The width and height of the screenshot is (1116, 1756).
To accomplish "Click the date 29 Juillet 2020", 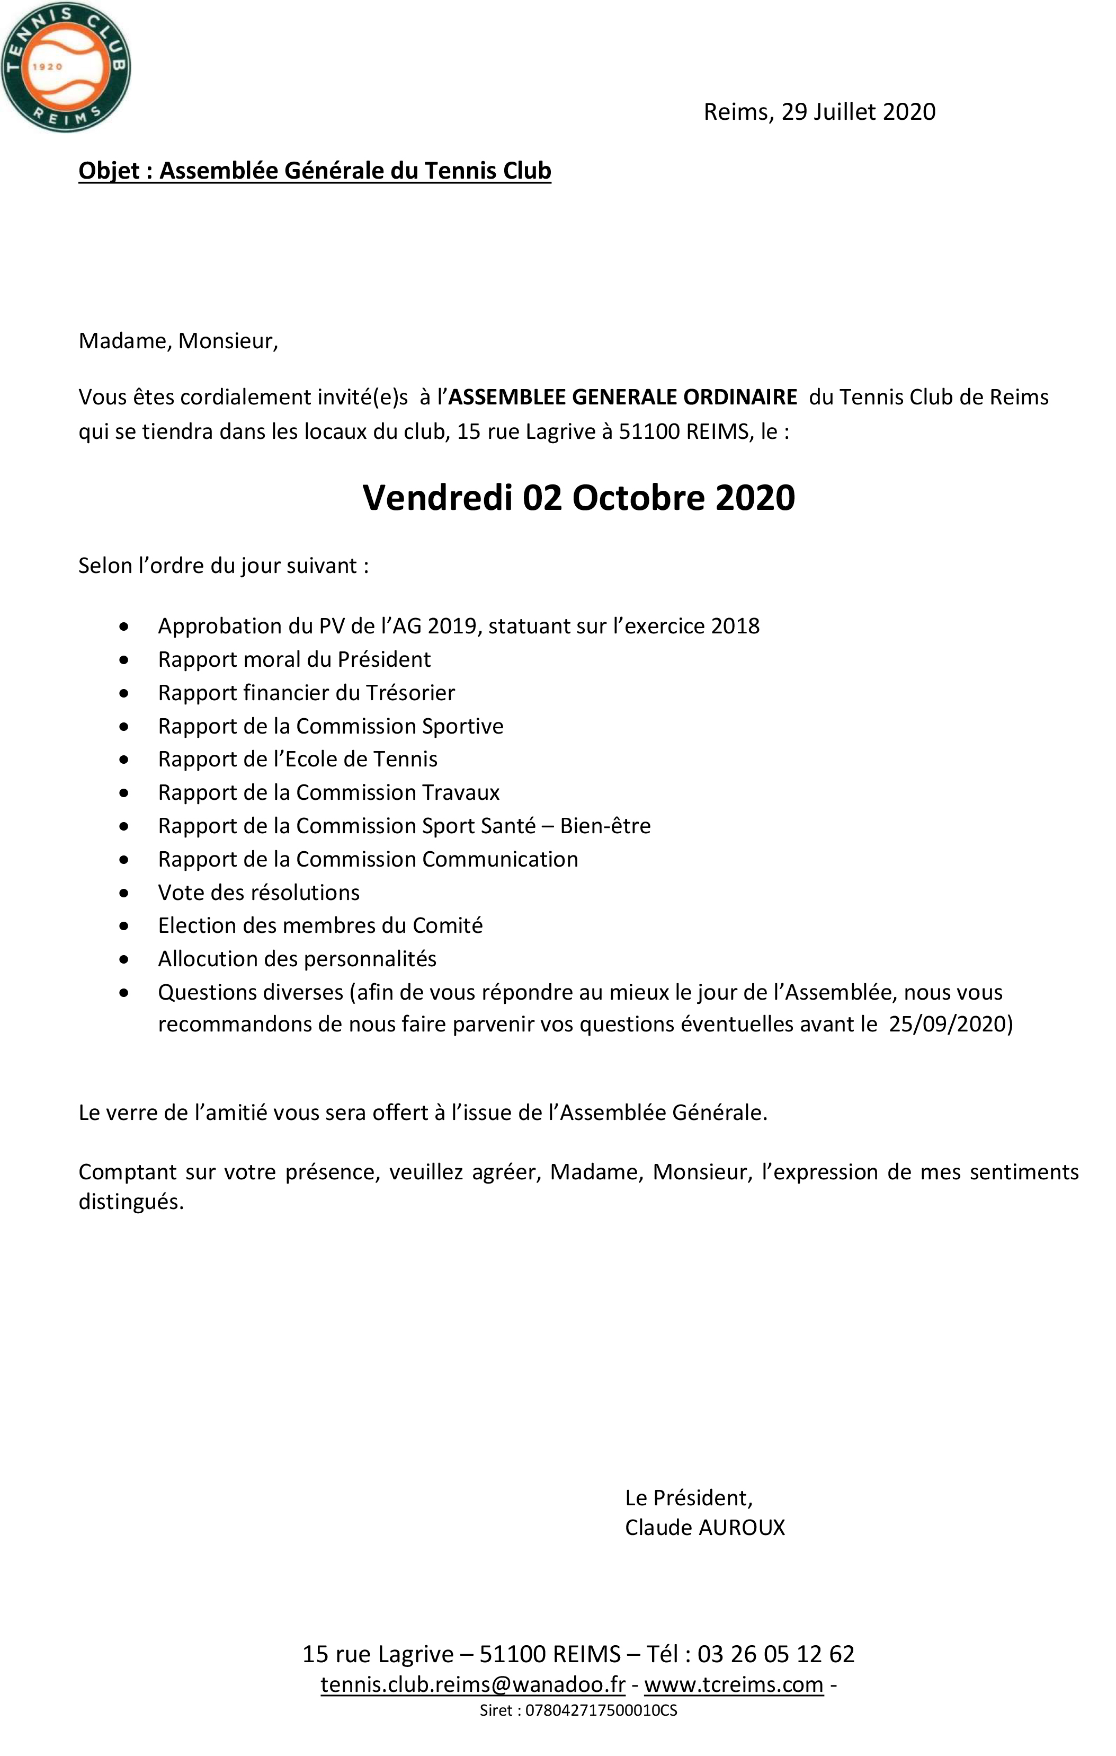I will click(x=858, y=112).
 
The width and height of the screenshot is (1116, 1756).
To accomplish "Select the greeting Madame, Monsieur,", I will click(x=178, y=341).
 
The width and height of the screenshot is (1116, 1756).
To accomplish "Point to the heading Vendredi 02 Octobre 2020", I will click(x=579, y=498).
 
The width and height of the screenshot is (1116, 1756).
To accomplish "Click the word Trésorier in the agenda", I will click(x=410, y=693).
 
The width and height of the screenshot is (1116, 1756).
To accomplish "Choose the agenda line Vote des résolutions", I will click(x=259, y=893).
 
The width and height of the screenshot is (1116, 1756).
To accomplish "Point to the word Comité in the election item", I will click(x=448, y=925).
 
